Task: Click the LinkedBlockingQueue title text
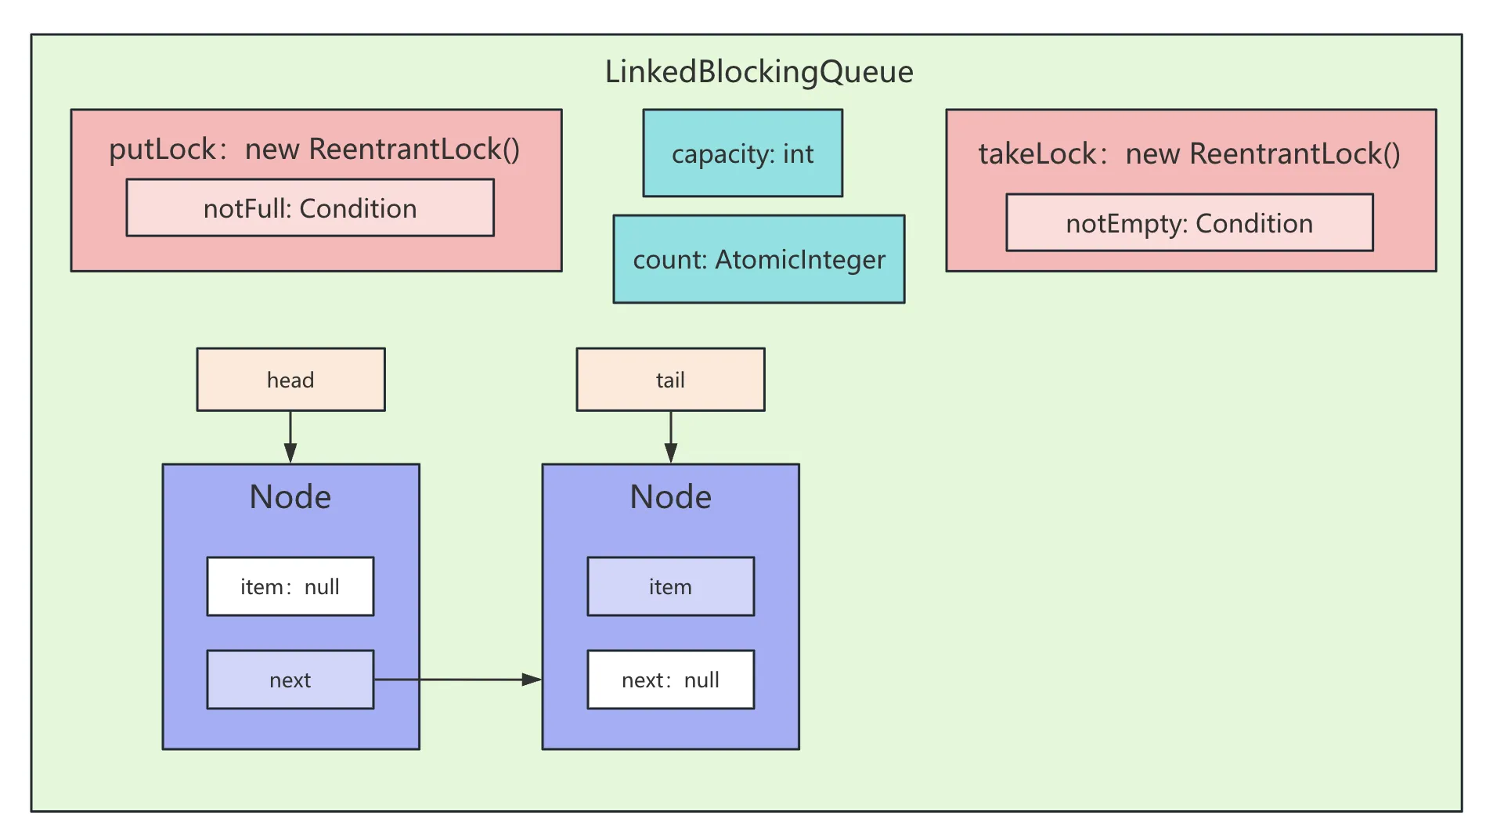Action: click(759, 72)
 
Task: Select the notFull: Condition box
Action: click(310, 208)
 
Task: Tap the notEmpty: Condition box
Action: click(1189, 223)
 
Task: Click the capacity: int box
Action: click(742, 153)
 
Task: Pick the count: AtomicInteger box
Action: click(759, 259)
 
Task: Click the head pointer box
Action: click(290, 380)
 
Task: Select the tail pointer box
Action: click(670, 380)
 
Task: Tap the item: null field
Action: click(290, 586)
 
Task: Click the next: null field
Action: click(670, 680)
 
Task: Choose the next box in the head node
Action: click(290, 680)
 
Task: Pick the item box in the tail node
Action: click(670, 586)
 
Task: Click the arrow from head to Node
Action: click(290, 437)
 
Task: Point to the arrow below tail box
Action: click(671, 437)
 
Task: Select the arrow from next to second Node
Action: click(458, 680)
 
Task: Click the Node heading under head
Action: click(290, 497)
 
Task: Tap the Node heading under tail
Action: click(670, 497)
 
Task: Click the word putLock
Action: click(162, 149)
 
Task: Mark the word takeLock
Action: click(1037, 153)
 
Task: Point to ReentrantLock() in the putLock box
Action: click(414, 149)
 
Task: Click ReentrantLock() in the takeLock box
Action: click(1295, 153)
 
